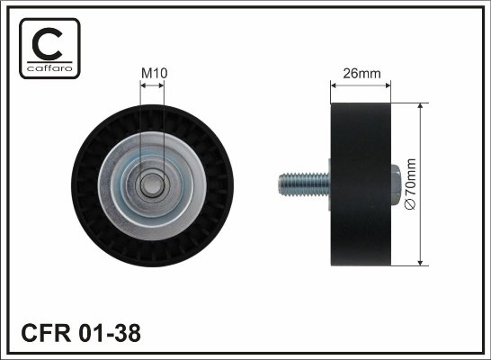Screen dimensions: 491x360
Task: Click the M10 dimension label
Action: tap(155, 73)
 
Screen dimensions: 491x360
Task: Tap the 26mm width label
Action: tap(362, 73)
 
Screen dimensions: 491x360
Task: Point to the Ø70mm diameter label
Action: tap(410, 184)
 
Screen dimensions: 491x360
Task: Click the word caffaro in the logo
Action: tap(49, 68)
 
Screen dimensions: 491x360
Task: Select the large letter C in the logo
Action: tap(47, 44)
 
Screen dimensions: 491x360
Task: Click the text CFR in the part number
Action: tap(46, 333)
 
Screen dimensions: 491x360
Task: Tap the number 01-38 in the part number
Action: tap(110, 333)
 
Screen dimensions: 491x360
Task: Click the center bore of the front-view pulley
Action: tap(152, 185)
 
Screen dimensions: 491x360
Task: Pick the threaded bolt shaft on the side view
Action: tap(304, 184)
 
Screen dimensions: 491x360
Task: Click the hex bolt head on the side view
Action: tap(395, 184)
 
